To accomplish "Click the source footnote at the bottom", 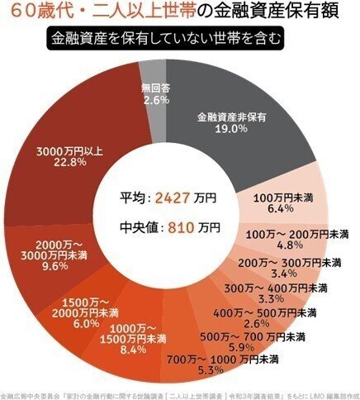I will point(180,393).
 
